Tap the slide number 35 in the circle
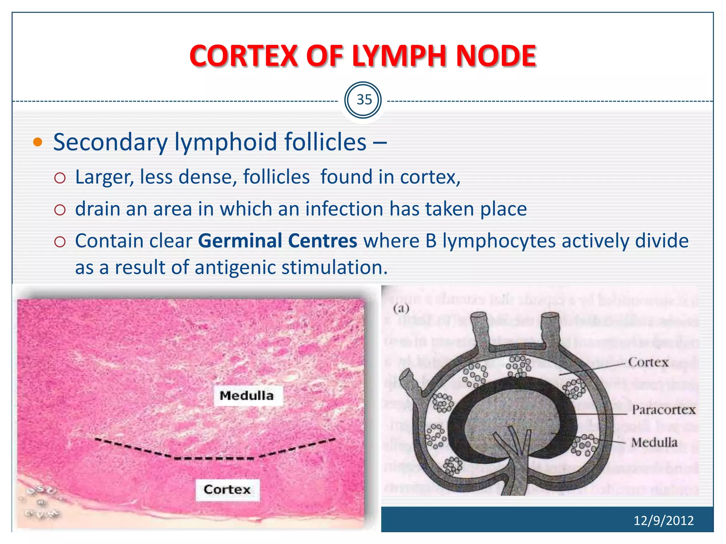click(x=364, y=100)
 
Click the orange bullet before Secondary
click(x=37, y=142)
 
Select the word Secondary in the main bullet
click(x=110, y=142)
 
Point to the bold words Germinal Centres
click(x=278, y=241)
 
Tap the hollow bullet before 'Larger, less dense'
click(x=60, y=178)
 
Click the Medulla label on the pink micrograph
click(x=247, y=396)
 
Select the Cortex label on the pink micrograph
click(x=227, y=490)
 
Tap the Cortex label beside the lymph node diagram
click(x=648, y=362)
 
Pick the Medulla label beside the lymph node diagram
click(x=654, y=442)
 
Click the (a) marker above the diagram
click(x=401, y=308)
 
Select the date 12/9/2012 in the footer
click(x=663, y=521)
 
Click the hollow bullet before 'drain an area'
click(x=60, y=210)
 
